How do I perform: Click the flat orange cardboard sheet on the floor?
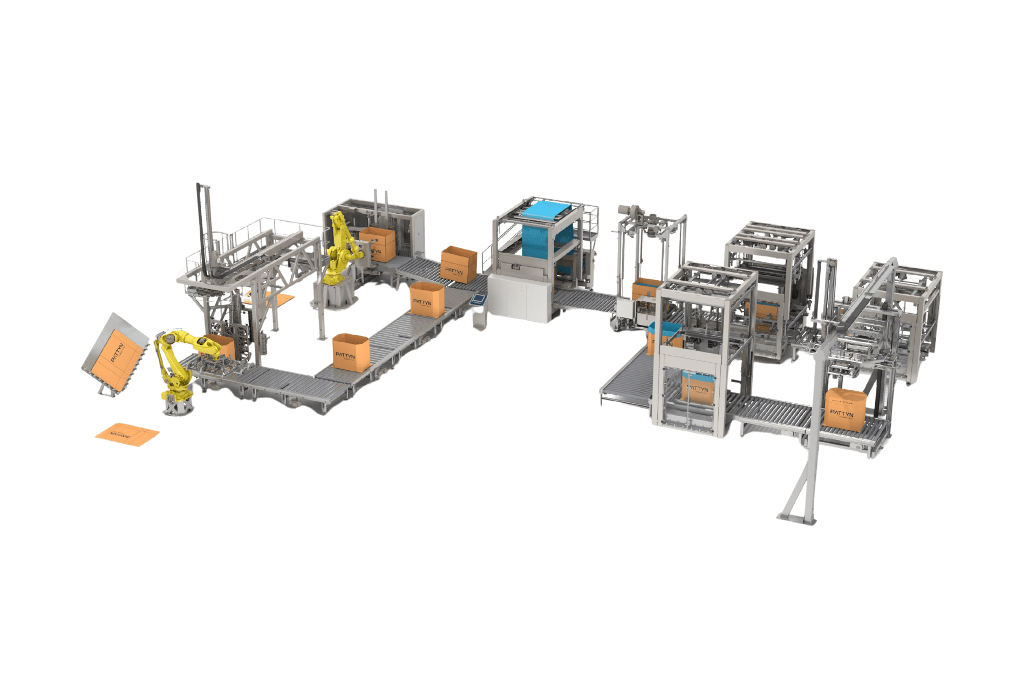click(127, 435)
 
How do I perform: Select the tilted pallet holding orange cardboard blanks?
click(116, 354)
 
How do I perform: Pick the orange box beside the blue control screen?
click(427, 299)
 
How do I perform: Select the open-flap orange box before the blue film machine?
click(459, 263)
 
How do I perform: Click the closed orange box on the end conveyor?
click(845, 409)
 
